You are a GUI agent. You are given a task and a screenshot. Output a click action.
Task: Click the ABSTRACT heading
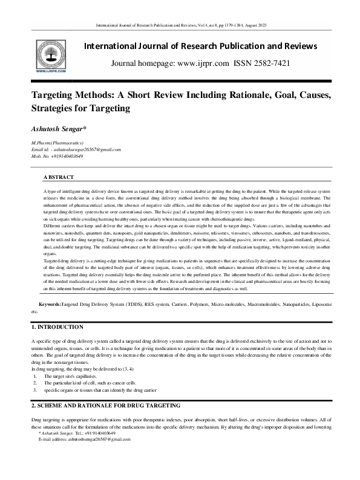(x=59, y=177)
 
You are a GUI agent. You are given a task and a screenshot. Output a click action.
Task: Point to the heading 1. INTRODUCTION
(x=57, y=326)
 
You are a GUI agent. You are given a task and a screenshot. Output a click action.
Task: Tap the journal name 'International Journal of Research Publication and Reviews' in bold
(x=200, y=46)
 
